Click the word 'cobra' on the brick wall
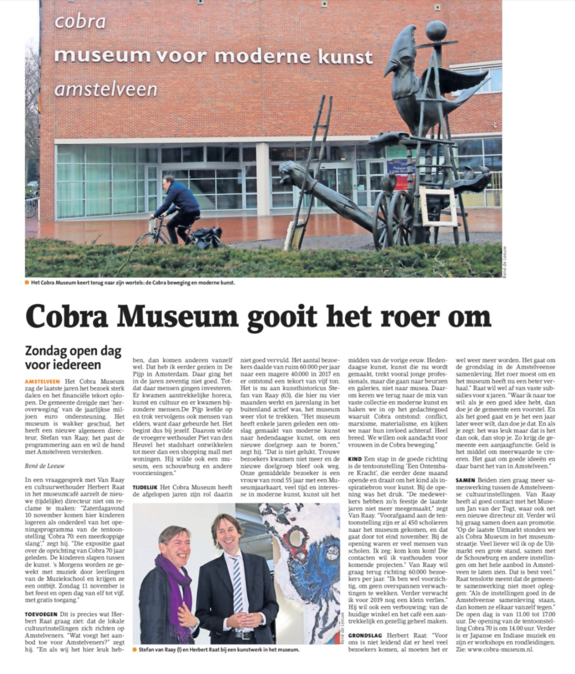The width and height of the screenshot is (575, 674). pyautogui.click(x=80, y=22)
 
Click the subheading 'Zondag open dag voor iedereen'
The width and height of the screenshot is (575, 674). pyautogui.click(x=73, y=358)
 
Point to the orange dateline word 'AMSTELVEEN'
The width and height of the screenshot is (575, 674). pyautogui.click(x=42, y=381)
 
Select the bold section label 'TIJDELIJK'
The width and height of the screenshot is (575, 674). pyautogui.click(x=148, y=487)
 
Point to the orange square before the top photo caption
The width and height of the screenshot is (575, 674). pyautogui.click(x=26, y=282)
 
